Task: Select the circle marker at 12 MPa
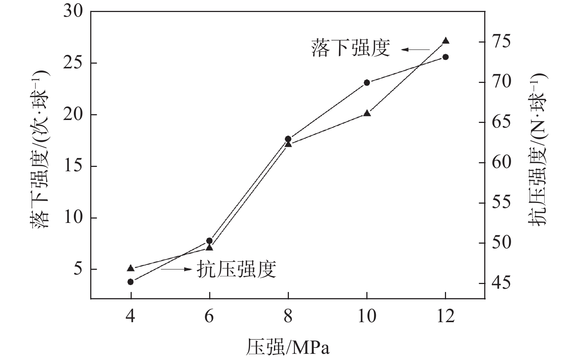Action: click(x=445, y=57)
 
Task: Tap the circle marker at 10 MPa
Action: click(x=367, y=83)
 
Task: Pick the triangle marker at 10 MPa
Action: click(x=367, y=113)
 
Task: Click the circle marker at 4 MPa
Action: click(x=131, y=281)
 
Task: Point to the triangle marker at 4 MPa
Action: click(x=131, y=268)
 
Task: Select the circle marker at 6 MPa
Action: click(x=209, y=241)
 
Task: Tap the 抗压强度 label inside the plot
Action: click(x=236, y=269)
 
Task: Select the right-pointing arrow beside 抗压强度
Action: click(x=176, y=269)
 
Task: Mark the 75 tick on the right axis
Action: click(x=502, y=41)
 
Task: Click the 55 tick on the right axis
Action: click(x=502, y=203)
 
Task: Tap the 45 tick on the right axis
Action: click(x=502, y=283)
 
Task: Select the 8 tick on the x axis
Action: click(x=288, y=316)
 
